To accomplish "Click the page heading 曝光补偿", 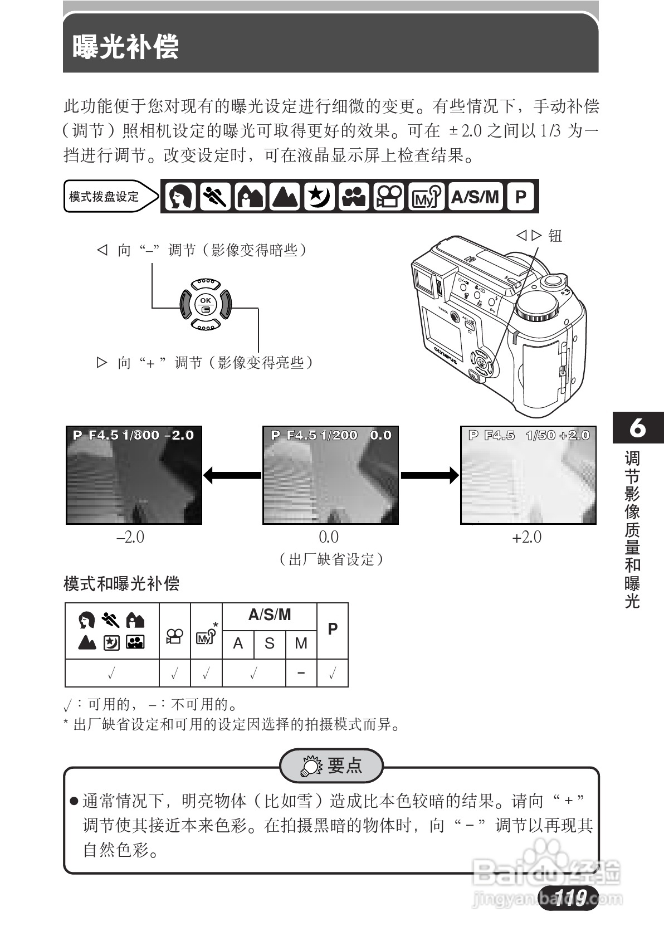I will pyautogui.click(x=126, y=46).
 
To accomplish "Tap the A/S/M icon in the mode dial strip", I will pyautogui.click(x=475, y=197).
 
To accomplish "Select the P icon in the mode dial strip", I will pyautogui.click(x=520, y=197).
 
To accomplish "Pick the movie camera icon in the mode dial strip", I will pyautogui.click(x=388, y=197).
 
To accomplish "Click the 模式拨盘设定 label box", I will pyautogui.click(x=106, y=197).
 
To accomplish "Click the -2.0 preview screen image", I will pyautogui.click(x=134, y=475).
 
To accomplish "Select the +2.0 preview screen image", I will pyautogui.click(x=528, y=475).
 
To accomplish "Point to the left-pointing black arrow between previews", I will pyautogui.click(x=232, y=475).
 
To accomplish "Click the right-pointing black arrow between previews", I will pyautogui.click(x=429, y=475).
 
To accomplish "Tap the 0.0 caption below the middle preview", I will pyautogui.click(x=329, y=537).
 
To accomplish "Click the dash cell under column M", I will pyautogui.click(x=301, y=673).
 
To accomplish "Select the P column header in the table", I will pyautogui.click(x=333, y=630).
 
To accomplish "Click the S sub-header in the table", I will pyautogui.click(x=270, y=643).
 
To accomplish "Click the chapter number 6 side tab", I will pyautogui.click(x=638, y=428).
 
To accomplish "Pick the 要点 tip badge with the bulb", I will pyautogui.click(x=332, y=766).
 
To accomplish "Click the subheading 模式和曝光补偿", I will pyautogui.click(x=121, y=584).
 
